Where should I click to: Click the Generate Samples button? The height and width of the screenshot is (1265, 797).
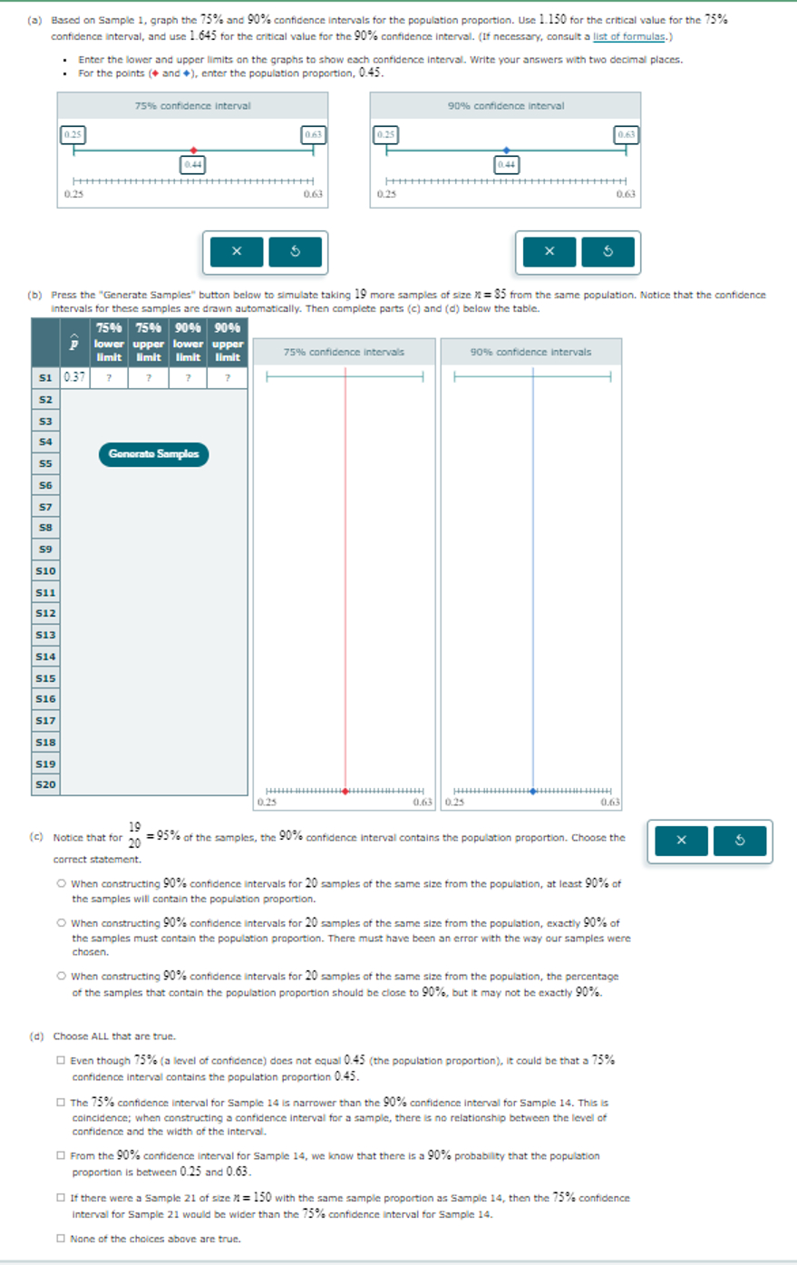pyautogui.click(x=153, y=453)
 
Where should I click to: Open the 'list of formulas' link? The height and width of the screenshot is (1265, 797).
pyautogui.click(x=630, y=36)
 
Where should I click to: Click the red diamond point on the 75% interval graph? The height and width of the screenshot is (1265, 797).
pyautogui.click(x=193, y=151)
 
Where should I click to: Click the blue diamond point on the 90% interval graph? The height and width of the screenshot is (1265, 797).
pyautogui.click(x=506, y=151)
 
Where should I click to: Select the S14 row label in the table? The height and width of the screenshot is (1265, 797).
pyautogui.click(x=45, y=656)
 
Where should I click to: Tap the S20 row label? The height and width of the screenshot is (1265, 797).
pyautogui.click(x=45, y=784)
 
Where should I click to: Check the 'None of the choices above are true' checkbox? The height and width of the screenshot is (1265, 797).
pyautogui.click(x=61, y=1238)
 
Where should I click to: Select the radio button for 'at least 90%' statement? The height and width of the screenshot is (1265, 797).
pyautogui.click(x=61, y=883)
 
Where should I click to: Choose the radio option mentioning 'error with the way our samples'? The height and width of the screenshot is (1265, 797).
pyautogui.click(x=61, y=923)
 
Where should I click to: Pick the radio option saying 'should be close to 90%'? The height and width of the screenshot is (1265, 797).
pyautogui.click(x=61, y=977)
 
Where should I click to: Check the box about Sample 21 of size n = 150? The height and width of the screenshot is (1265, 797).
pyautogui.click(x=61, y=1198)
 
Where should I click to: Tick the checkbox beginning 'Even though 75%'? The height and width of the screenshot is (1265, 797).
pyautogui.click(x=61, y=1060)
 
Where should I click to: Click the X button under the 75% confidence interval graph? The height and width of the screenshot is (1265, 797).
pyautogui.click(x=236, y=251)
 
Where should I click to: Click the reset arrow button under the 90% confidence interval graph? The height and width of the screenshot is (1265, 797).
pyautogui.click(x=607, y=251)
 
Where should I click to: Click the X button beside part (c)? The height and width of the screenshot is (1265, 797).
pyautogui.click(x=681, y=841)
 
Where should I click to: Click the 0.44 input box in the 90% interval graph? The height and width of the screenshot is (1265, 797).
pyautogui.click(x=506, y=164)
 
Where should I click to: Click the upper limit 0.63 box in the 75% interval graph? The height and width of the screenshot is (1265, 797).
pyautogui.click(x=313, y=134)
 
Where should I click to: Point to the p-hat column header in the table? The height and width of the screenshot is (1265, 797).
pyautogui.click(x=74, y=343)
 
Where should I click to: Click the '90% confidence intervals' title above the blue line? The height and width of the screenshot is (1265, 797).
pyautogui.click(x=530, y=352)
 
